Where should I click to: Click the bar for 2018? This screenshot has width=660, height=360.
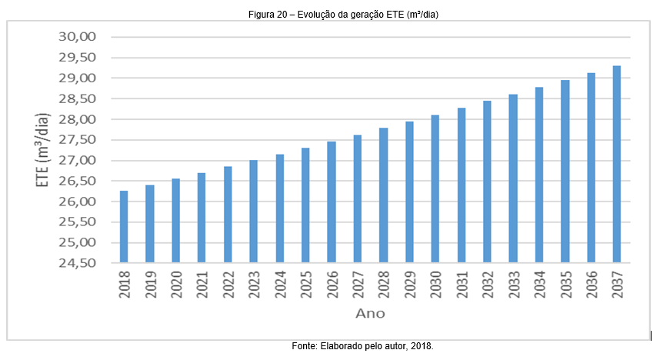[x=124, y=227]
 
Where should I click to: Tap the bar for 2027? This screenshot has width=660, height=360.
[x=358, y=199]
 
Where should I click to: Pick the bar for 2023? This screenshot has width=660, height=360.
[x=254, y=212]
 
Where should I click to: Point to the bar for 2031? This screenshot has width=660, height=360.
[x=462, y=185]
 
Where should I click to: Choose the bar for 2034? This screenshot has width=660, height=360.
[x=539, y=175]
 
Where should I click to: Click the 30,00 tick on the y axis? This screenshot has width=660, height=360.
[x=77, y=37]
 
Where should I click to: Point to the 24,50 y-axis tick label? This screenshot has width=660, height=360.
[x=77, y=263]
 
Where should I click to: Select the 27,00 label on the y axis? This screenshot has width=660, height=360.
[x=77, y=160]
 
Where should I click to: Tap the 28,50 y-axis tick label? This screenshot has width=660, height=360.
[x=77, y=98]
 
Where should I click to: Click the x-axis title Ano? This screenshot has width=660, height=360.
[x=370, y=314]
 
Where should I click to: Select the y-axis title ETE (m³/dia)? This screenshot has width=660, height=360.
[x=45, y=149]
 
